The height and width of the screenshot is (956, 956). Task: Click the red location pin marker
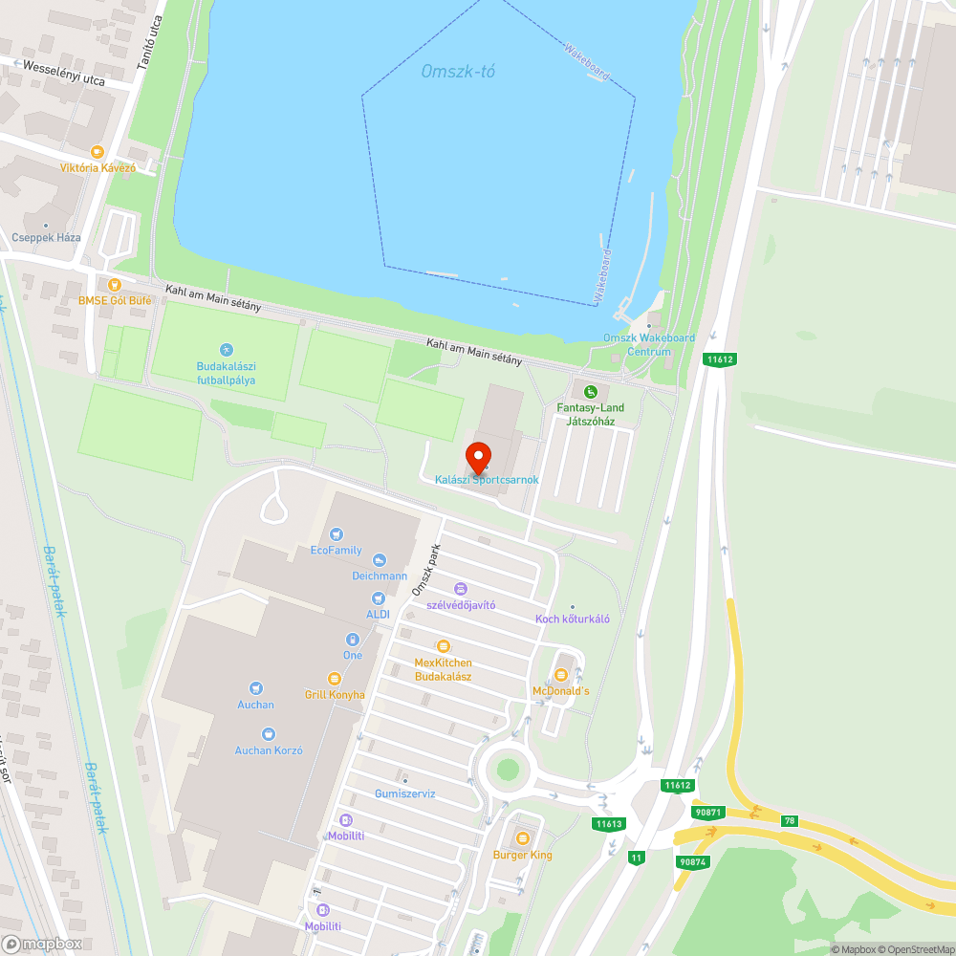(x=478, y=457)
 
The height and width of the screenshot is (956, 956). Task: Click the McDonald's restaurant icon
(x=561, y=675)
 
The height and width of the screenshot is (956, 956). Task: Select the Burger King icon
(x=522, y=838)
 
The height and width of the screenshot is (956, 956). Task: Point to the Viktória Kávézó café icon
(x=97, y=151)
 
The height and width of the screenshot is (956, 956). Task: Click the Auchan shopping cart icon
(x=255, y=688)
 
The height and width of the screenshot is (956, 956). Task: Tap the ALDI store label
(x=378, y=614)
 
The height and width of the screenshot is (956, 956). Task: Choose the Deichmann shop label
(x=380, y=576)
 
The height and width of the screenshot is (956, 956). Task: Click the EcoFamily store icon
(x=336, y=534)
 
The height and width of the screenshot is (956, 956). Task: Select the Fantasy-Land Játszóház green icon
(x=591, y=391)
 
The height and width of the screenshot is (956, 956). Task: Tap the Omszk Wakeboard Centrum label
(x=649, y=344)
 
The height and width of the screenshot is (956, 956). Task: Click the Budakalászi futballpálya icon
(x=227, y=350)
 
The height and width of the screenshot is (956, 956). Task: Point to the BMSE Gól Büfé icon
(x=115, y=284)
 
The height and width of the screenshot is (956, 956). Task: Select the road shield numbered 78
(x=790, y=820)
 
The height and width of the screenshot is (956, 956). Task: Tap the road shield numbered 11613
(x=609, y=824)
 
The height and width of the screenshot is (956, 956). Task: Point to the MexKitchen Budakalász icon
(x=443, y=646)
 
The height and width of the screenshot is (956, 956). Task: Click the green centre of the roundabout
(x=508, y=769)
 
